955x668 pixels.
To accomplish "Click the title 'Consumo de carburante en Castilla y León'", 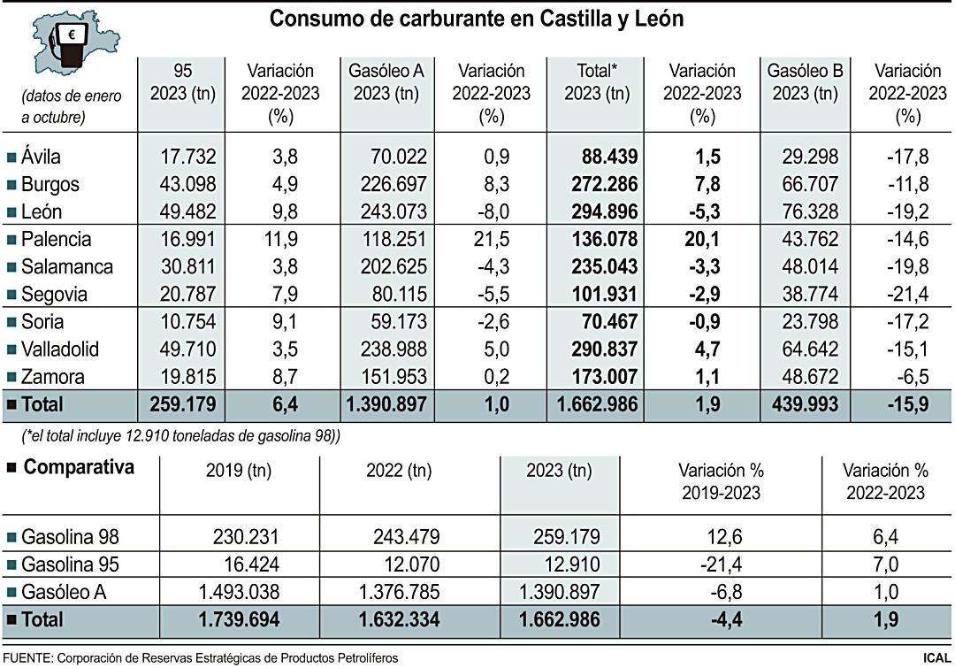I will (x=477, y=19).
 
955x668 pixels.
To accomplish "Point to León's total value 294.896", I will (x=598, y=212).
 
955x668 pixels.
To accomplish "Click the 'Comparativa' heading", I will (x=77, y=468).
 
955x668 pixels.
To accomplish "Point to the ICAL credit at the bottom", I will (x=936, y=658).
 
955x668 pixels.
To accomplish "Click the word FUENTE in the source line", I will (x=27, y=658).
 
